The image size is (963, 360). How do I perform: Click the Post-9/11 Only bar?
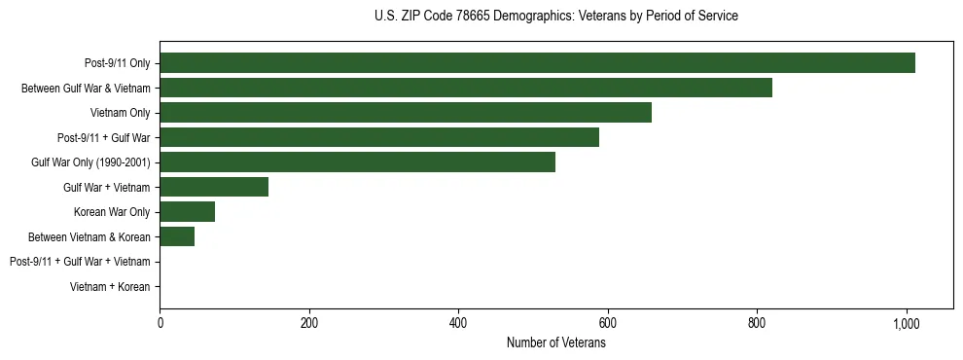(537, 63)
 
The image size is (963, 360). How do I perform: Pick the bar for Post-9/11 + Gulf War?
(379, 138)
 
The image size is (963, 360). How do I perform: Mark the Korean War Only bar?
(187, 212)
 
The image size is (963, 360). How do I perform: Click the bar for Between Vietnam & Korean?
(177, 237)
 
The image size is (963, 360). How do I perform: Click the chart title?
(555, 17)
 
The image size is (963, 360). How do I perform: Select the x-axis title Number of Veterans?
(555, 343)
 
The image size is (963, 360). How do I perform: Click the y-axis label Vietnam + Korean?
(110, 287)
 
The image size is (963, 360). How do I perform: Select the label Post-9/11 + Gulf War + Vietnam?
(80, 262)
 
